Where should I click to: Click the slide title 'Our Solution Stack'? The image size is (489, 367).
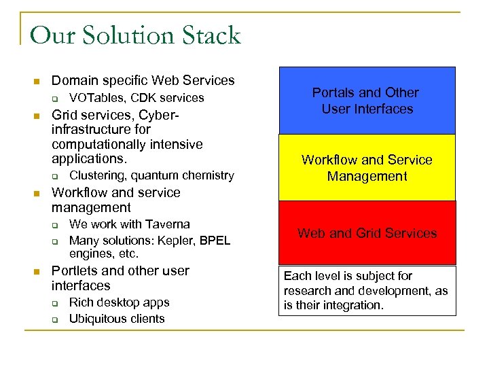(x=135, y=35)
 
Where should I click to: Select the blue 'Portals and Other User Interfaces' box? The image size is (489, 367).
(x=367, y=101)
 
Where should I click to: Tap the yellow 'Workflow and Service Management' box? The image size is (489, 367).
(x=367, y=168)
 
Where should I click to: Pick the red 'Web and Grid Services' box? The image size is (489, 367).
(x=367, y=233)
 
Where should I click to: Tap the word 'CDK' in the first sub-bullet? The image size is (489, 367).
(x=145, y=98)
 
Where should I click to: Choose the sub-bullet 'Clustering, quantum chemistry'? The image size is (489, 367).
(x=151, y=175)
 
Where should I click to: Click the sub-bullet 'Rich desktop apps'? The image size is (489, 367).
(x=119, y=302)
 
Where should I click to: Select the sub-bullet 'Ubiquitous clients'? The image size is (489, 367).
(x=117, y=319)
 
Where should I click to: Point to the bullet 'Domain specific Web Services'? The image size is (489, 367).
(x=143, y=81)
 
